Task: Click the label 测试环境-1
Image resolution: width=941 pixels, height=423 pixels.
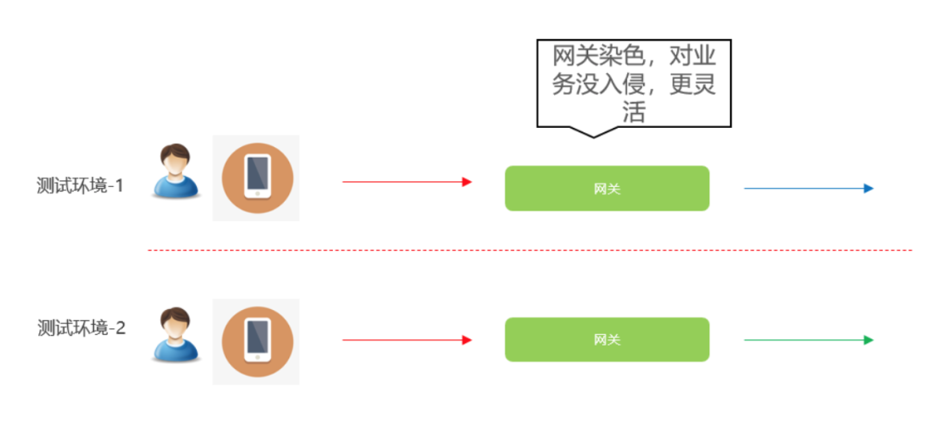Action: pos(80,185)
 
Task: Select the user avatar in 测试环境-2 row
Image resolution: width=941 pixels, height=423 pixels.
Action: pos(174,335)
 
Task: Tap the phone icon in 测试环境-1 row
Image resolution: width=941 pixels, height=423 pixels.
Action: pos(257,178)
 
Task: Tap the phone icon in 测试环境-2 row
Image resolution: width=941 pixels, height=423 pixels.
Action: pos(257,341)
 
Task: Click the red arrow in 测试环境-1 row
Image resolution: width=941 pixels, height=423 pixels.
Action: pos(407,182)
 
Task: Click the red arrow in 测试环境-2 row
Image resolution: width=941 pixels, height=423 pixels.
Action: pos(407,340)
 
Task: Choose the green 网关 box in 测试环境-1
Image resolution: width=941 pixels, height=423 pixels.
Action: pos(606,188)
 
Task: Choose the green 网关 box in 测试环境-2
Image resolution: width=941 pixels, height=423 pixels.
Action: pos(606,339)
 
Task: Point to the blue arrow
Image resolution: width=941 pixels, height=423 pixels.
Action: pos(809,188)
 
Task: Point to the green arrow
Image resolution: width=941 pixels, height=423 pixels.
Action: pos(809,340)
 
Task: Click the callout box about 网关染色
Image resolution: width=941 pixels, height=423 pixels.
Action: pos(633,84)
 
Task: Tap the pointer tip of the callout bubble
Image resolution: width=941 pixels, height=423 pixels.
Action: pos(593,138)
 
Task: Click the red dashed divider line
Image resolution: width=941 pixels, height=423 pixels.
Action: pos(530,250)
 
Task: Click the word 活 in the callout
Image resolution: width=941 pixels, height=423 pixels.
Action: pos(633,111)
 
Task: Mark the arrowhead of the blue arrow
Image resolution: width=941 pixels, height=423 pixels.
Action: pos(869,188)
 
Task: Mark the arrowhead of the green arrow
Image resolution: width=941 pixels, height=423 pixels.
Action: pos(869,340)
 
